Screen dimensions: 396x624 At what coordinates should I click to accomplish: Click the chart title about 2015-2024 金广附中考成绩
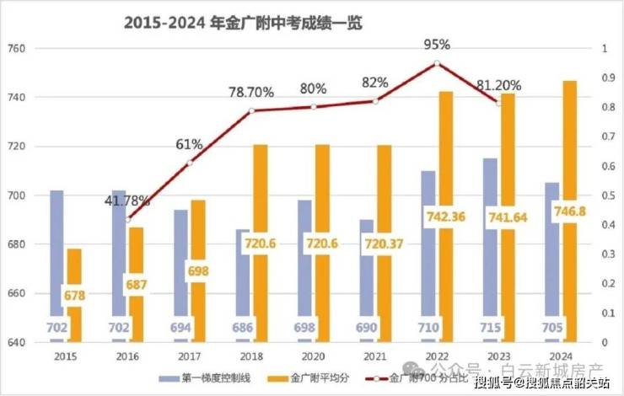[243, 23]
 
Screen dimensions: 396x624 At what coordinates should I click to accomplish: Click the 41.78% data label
[127, 201]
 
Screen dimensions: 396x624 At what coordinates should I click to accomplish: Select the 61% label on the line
[189, 144]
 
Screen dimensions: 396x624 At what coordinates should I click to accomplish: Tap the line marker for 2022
[437, 63]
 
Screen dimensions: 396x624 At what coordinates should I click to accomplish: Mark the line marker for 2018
[251, 110]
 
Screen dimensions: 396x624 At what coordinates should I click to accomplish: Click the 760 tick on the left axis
[17, 49]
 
